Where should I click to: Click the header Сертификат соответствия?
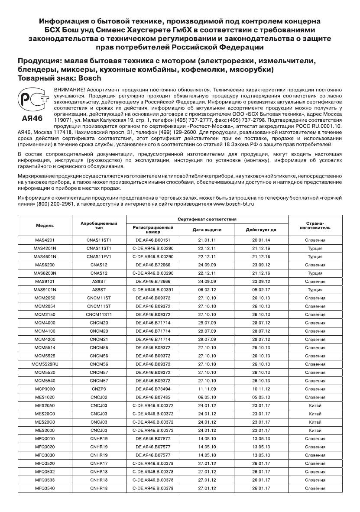coord(207,219)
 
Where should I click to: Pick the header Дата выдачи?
coord(207,230)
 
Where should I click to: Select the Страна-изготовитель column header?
coord(315,226)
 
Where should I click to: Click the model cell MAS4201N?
coord(45,248)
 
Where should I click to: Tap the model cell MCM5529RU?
coord(45,364)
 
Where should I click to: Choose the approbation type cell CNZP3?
coord(99,389)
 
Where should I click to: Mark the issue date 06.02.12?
coord(207,290)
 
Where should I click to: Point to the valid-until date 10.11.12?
coord(261,389)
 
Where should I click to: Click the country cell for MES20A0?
coord(315,406)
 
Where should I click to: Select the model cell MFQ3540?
coord(45,489)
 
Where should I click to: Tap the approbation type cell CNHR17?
coord(99,463)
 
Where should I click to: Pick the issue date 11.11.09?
coord(207,389)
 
